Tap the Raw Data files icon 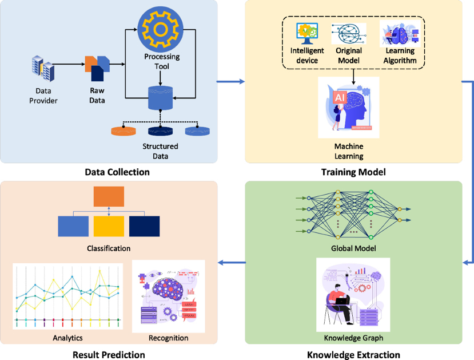97,67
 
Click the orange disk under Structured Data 124,130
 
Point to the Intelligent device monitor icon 306,34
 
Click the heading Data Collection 117,172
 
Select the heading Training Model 353,172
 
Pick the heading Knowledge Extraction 353,355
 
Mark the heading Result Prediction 109,355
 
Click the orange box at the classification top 109,196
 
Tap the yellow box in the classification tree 109,226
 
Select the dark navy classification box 144,226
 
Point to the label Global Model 353,248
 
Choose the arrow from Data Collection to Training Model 230,82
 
